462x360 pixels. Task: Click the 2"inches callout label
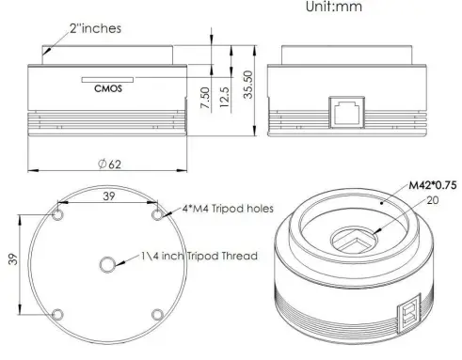point(93,28)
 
